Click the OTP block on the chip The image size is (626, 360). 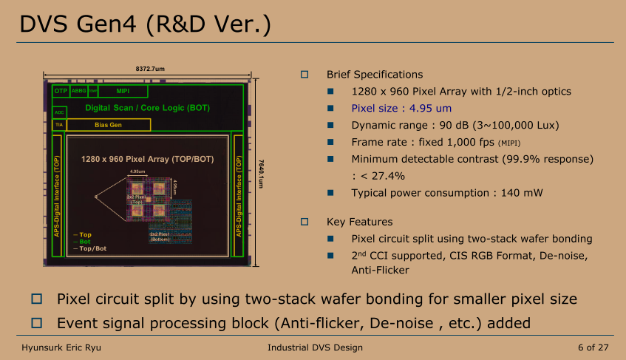[61, 91]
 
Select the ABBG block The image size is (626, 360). [78, 91]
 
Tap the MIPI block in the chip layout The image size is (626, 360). [123, 91]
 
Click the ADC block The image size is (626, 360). [60, 112]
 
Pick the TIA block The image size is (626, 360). [60, 125]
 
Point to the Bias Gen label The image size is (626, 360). [108, 125]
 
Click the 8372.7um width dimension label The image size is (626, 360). [150, 69]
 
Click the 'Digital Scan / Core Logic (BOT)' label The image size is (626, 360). [147, 108]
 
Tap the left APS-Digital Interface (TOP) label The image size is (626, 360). [58, 196]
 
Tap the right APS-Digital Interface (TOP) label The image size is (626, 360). [238, 196]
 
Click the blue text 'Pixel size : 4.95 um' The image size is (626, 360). [401, 108]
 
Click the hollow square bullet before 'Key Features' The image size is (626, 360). [304, 221]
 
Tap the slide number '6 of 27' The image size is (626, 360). [593, 347]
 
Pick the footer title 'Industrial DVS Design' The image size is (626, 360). [315, 347]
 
